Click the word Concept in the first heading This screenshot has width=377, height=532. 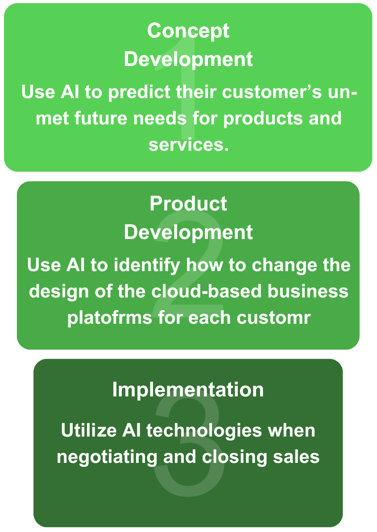[188, 31]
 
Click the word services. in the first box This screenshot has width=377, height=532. [188, 144]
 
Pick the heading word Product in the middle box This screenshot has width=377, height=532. [188, 204]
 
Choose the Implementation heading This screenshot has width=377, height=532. [188, 389]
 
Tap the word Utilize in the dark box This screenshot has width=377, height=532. [88, 431]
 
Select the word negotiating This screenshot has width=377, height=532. [107, 457]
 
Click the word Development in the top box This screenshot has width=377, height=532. [188, 59]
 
